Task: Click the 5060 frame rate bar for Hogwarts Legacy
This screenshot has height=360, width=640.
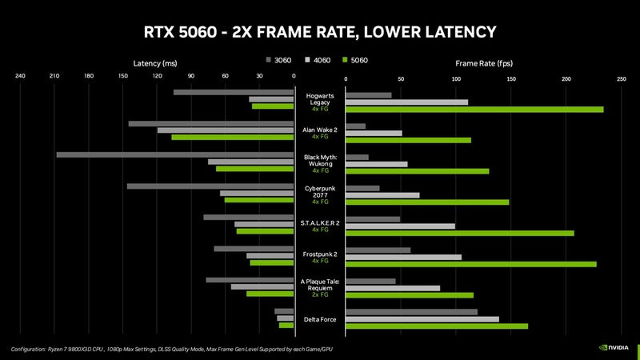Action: pos(474,110)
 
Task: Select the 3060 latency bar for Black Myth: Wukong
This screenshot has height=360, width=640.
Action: pos(175,154)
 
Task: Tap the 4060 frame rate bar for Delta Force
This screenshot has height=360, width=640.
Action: pos(422,319)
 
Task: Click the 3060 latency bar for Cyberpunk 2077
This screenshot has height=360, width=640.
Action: pos(210,186)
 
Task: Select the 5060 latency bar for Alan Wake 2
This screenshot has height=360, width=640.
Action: pos(233,138)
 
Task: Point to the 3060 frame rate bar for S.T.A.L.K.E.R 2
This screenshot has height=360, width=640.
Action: pos(373,218)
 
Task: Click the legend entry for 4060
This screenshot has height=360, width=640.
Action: pos(320,60)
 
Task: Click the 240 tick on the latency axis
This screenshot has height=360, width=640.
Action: pos(20,77)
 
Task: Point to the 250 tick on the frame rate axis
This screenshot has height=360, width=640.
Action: pos(621,79)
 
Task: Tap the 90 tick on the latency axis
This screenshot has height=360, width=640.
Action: pos(191,77)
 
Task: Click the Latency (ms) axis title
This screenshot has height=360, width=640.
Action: pos(155,62)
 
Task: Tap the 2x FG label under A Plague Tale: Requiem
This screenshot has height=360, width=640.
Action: pos(320,295)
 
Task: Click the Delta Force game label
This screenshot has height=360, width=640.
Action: pos(320,319)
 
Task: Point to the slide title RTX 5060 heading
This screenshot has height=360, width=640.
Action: pos(320,31)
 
